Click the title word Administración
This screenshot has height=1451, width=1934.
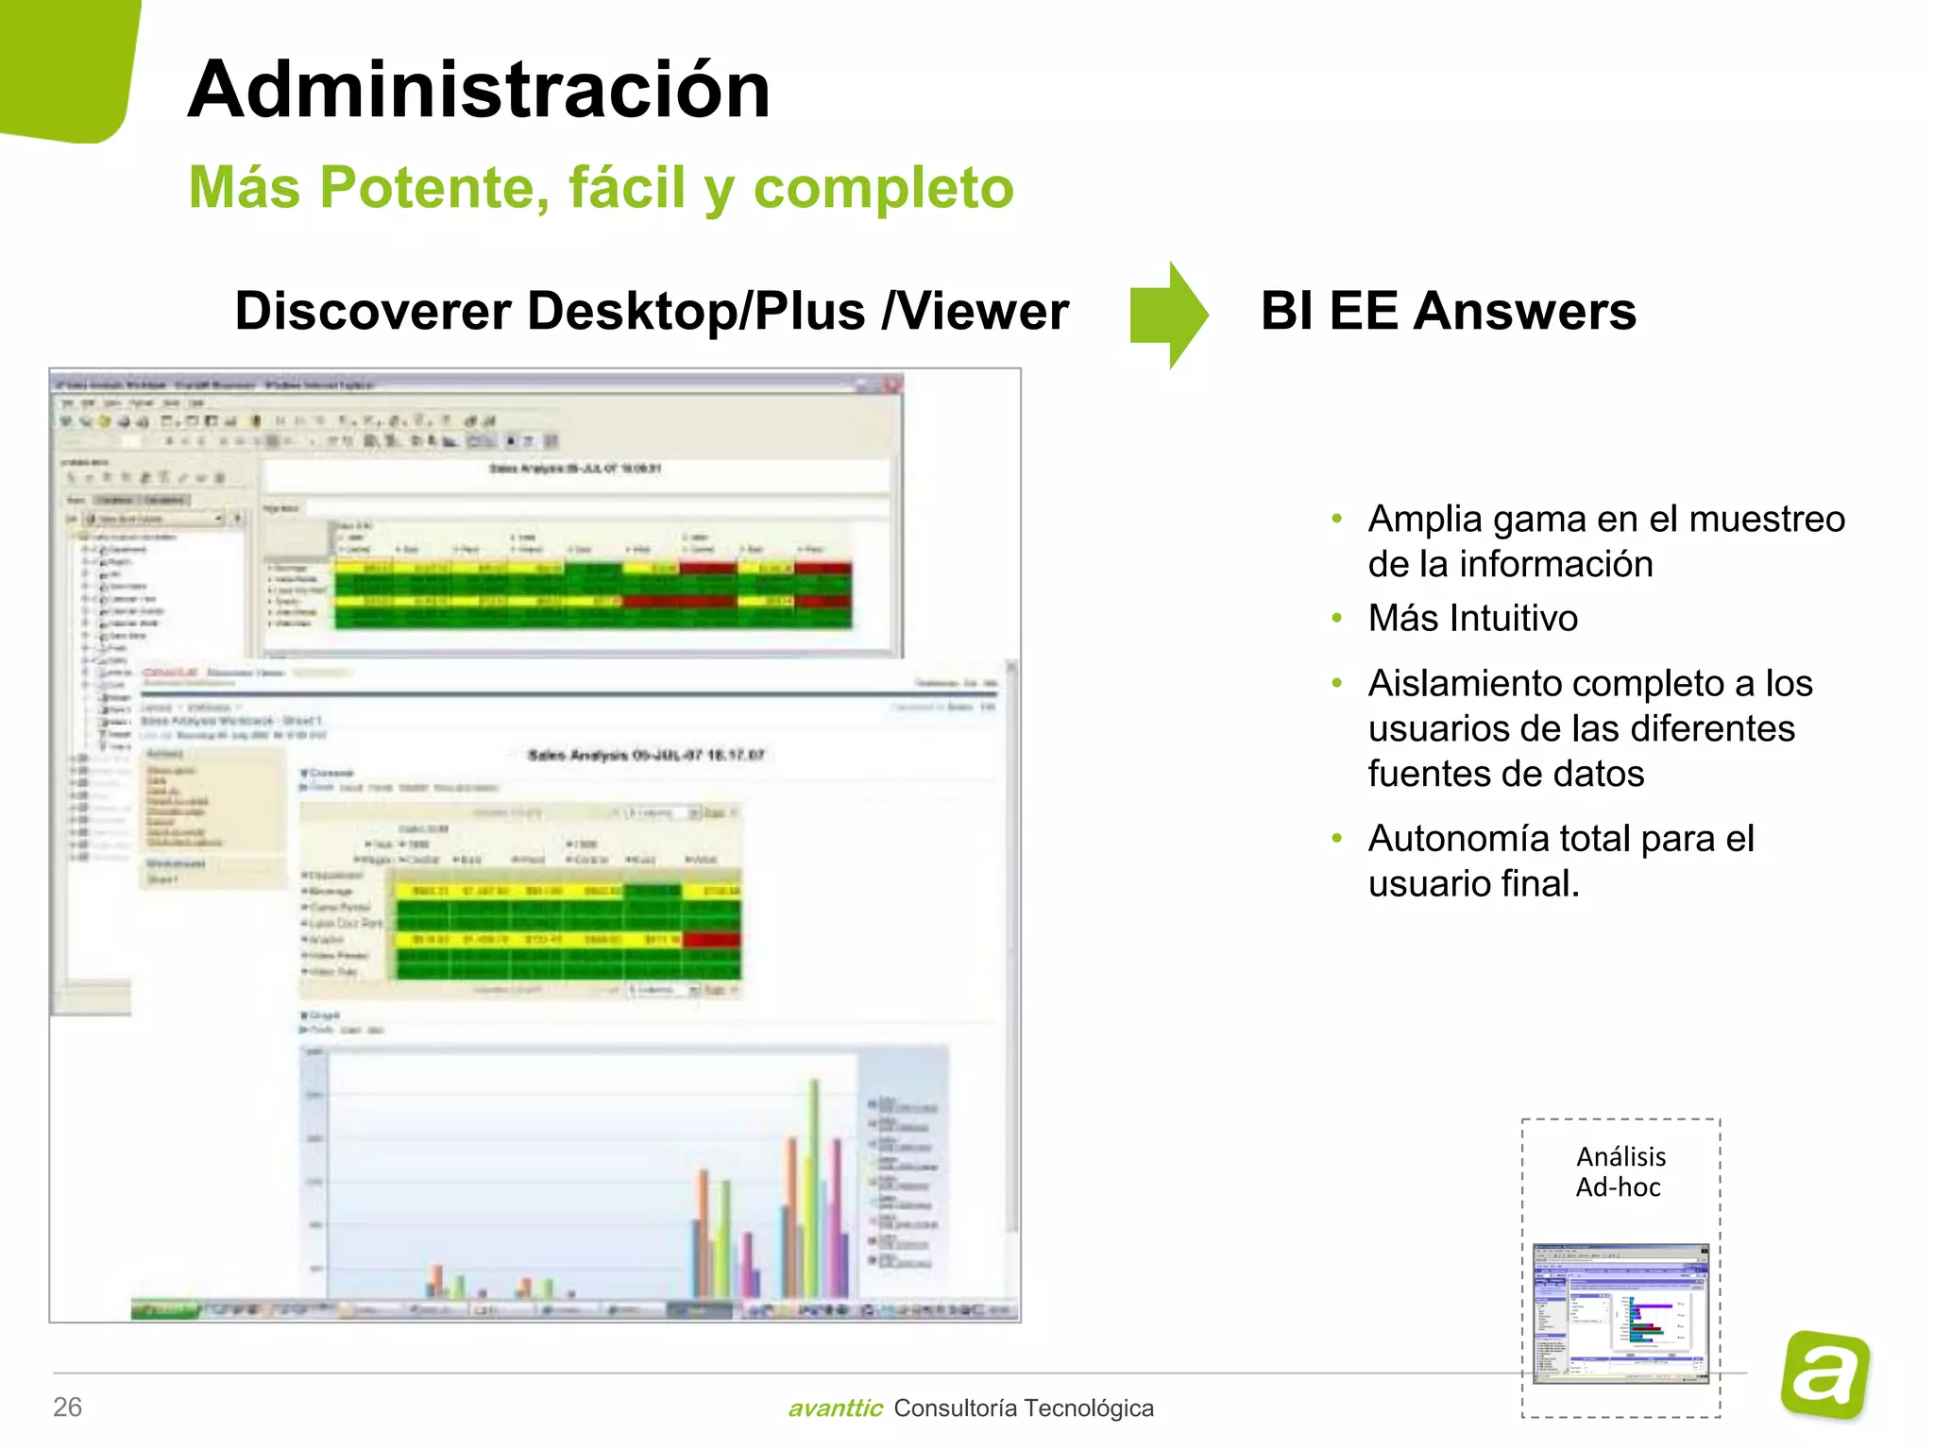pos(479,90)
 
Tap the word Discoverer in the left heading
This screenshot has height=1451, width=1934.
pos(373,311)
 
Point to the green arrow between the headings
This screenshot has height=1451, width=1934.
pos(1168,315)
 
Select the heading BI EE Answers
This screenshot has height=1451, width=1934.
pos(1448,311)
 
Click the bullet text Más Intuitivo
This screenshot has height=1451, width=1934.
pos(1472,619)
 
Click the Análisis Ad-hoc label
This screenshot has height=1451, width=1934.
pos(1620,1171)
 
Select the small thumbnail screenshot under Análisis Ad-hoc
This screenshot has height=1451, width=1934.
pos(1620,1313)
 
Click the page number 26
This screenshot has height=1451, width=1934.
pos(67,1407)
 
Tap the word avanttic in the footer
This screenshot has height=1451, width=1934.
pos(835,1408)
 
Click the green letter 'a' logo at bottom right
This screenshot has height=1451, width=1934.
pos(1824,1374)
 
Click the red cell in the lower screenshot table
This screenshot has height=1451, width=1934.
pos(712,940)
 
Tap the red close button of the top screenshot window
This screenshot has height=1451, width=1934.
pos(891,384)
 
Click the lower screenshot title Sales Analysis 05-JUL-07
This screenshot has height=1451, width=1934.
pos(646,755)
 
